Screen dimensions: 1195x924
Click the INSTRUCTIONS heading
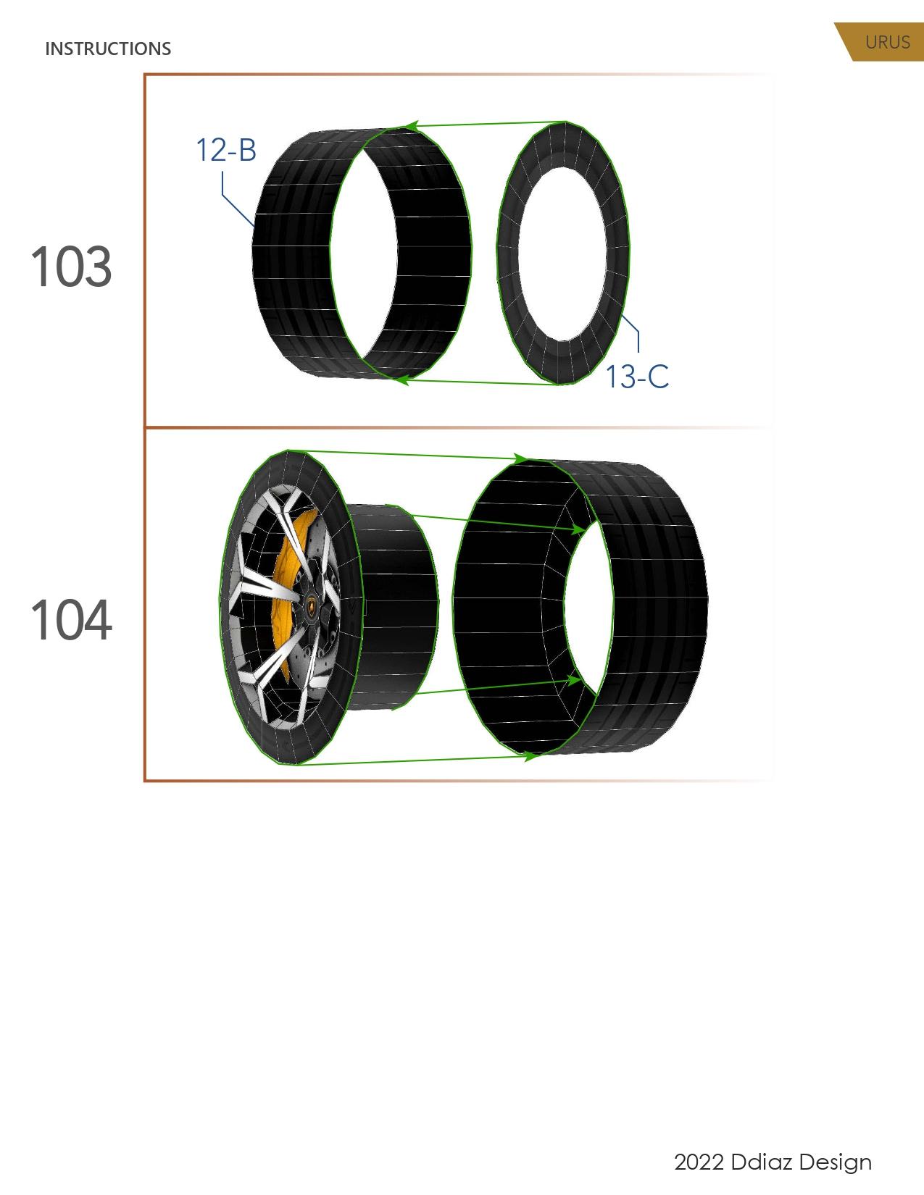tap(108, 49)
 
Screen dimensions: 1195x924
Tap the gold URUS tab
tap(886, 42)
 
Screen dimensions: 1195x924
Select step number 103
tap(71, 267)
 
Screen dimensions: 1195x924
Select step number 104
tap(71, 621)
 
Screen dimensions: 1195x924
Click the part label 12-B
tap(226, 151)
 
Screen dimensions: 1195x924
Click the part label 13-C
tap(636, 377)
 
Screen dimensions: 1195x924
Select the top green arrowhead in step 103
tap(411, 126)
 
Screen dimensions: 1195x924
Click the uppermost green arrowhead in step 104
tap(520, 459)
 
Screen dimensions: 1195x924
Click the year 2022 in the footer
tap(699, 1162)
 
